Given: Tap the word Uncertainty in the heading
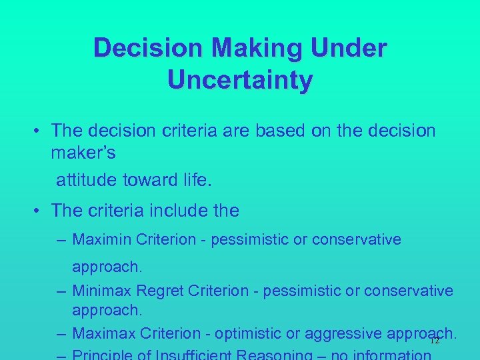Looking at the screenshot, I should [x=240, y=80].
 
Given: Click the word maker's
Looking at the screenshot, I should [x=83, y=153].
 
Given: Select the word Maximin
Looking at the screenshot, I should [x=101, y=239].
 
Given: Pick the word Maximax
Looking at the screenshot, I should [x=101, y=333].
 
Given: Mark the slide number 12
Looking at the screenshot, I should [x=435, y=340].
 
